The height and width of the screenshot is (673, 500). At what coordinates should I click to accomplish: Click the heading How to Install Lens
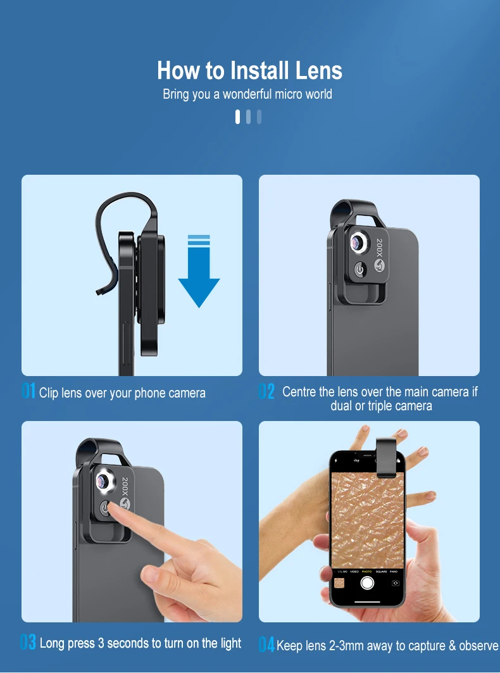pos(249,70)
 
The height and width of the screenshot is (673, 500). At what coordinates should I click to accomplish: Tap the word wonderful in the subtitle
pos(247,94)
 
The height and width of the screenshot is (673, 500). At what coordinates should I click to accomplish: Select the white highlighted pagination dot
pos(238,117)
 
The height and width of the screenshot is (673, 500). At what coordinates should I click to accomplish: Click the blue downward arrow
pos(199,272)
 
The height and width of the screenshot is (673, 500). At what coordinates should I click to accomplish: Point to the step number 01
pos(28,392)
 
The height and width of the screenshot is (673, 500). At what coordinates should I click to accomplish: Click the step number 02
pos(266,392)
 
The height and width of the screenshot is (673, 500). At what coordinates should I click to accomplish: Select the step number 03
pos(28,643)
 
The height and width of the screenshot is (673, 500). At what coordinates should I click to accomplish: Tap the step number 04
pos(266,645)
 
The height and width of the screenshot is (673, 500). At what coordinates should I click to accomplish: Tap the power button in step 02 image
pos(359,270)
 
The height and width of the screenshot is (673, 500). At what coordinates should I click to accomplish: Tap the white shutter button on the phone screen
pos(367,582)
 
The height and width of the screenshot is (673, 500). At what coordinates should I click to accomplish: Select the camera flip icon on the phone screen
pos(396,582)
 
